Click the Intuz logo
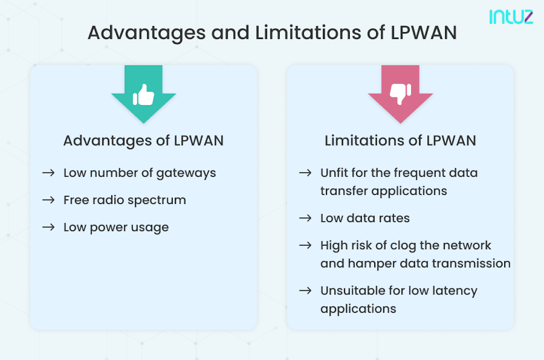point(511,17)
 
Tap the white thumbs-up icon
point(144,95)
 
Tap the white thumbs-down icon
point(400,94)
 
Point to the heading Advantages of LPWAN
point(144,140)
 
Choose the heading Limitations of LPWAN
point(400,140)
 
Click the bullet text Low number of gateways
point(140,173)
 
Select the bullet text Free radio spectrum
point(124,200)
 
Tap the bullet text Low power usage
point(116,227)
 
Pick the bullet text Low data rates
point(365,218)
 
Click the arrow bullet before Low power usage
point(48,227)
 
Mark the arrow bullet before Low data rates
point(305,218)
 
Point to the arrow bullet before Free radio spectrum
point(48,200)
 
